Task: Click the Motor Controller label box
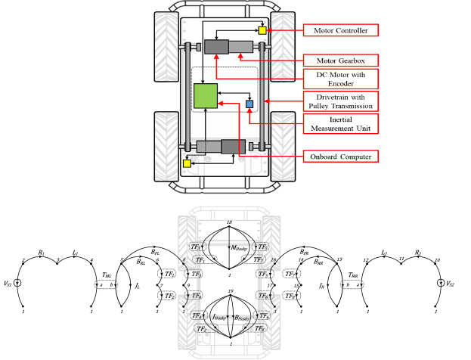pos(340,30)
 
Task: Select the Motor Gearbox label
pos(340,59)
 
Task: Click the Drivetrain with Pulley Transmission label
pos(340,101)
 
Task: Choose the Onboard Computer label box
pos(340,157)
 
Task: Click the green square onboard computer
pos(206,98)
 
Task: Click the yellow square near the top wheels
pos(262,30)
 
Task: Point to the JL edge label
pos(137,287)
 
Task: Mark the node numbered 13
pos(340,259)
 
